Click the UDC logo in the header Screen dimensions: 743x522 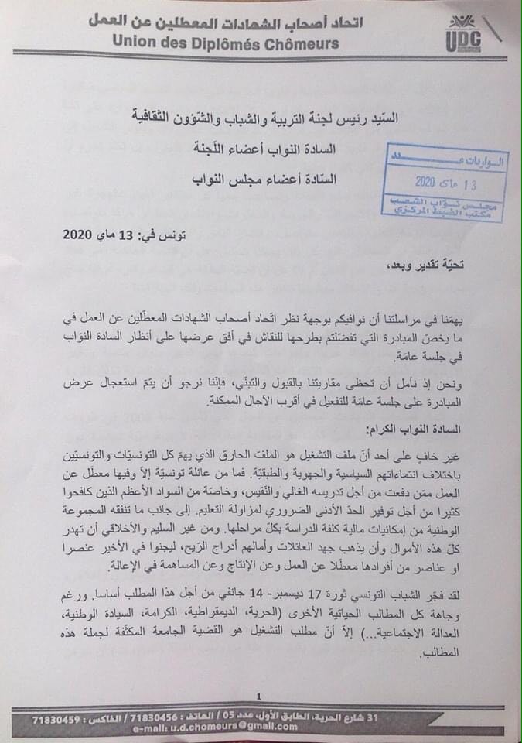(x=465, y=35)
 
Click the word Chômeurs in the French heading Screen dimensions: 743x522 (x=299, y=43)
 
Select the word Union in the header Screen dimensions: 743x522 (x=138, y=43)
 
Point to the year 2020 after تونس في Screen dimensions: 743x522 (x=79, y=234)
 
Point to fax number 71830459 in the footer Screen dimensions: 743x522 (x=57, y=719)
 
